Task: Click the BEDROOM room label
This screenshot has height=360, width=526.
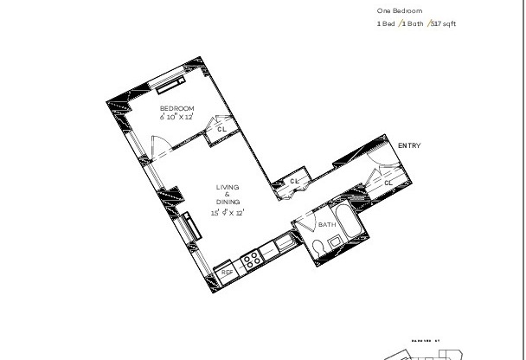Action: click(x=176, y=107)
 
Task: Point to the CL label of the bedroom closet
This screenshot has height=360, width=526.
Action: click(x=221, y=128)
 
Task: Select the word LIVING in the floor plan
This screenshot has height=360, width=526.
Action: click(x=228, y=187)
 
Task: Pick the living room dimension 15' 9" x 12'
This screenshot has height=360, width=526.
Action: click(x=228, y=212)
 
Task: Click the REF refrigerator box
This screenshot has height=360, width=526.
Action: click(x=226, y=272)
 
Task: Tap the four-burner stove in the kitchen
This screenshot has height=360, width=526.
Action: click(x=252, y=259)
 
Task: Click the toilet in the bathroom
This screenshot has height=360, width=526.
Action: click(x=320, y=248)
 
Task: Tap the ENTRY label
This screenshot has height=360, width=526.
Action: click(x=409, y=145)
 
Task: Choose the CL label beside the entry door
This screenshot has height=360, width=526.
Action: click(x=388, y=183)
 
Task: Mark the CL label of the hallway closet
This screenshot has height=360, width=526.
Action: click(x=294, y=181)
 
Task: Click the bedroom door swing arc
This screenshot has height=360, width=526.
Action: click(x=157, y=145)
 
